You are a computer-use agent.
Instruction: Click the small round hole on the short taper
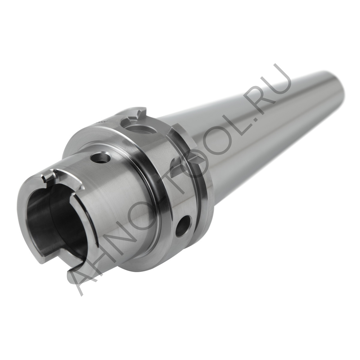tap(100, 157)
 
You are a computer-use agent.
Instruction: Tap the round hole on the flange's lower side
tap(183, 226)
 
